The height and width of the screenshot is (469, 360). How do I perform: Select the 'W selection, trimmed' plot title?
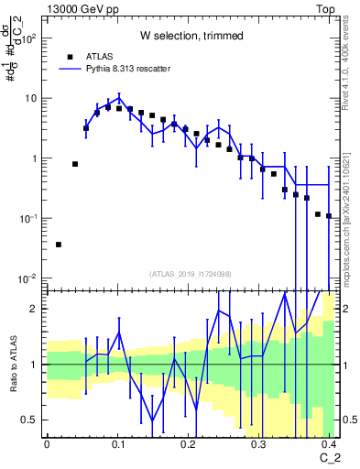pyautogui.click(x=191, y=37)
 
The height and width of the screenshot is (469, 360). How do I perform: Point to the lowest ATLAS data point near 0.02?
pyautogui.click(x=59, y=245)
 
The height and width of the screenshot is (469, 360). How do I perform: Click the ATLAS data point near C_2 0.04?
pyautogui.click(x=75, y=164)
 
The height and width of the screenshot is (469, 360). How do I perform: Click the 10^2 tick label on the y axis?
pyautogui.click(x=27, y=38)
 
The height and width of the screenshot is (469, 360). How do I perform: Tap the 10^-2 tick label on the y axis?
pyautogui.click(x=27, y=278)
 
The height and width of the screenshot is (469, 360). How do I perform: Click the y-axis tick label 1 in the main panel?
pyautogui.click(x=35, y=158)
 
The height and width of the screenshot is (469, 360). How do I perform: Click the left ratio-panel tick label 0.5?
pyautogui.click(x=31, y=420)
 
